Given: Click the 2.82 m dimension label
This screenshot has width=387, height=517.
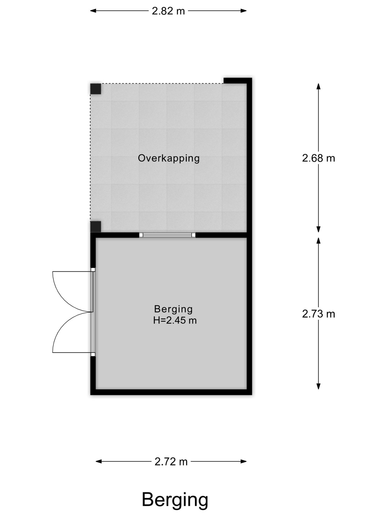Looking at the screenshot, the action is coord(168,11).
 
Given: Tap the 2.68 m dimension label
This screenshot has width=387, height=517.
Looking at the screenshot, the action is coord(318,158).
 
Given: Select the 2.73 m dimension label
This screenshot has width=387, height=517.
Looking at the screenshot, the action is coord(318,314).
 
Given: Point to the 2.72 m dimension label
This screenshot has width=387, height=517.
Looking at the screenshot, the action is coord(171,462).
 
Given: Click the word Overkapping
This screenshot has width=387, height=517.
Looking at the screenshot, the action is coord(169,158).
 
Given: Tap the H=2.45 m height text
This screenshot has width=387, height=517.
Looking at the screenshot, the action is coord(175,320).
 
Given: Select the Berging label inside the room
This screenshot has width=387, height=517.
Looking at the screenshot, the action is coord(173,309).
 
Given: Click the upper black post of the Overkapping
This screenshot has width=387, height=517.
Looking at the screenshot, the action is coord(95,89).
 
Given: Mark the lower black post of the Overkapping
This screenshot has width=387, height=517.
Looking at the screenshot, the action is coord(95,227).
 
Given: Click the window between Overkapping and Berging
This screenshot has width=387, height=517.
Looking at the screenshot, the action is coord(167,235).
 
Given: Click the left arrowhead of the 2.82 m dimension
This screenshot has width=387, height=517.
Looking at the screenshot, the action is coord(93,11).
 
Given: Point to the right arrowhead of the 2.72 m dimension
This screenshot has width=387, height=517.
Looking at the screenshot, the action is coord(244,462).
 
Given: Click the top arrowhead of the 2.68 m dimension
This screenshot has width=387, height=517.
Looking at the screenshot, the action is coord(318,86).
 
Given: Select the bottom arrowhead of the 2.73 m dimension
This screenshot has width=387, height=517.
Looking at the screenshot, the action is coord(318,386).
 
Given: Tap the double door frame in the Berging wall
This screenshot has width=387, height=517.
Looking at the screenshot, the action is coord(93,312).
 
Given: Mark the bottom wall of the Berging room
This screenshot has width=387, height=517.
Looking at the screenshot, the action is coord(171,392).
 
